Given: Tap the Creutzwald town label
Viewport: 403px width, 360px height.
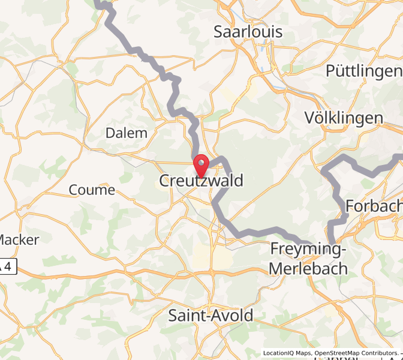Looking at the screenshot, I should pos(201,181).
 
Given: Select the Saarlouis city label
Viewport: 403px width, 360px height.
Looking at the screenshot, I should pos(248,32).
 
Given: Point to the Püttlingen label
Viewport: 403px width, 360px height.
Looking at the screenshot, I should pos(363,71).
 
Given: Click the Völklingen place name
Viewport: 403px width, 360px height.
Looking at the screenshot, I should pos(344,118).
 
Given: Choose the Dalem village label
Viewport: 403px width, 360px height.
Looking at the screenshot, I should pos(127,133).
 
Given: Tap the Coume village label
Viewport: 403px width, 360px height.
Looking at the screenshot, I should pos(92,190).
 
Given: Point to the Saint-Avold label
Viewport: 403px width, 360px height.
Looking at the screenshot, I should pos(210,315).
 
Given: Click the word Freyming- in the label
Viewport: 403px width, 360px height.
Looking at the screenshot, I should pos(309,248).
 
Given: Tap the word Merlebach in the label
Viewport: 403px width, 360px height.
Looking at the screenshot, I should pos(309,268).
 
